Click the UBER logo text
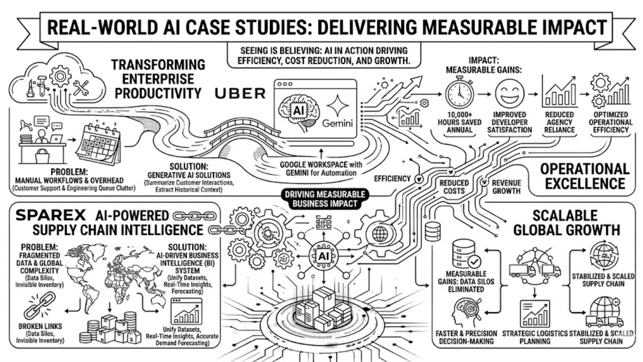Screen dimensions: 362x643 [x=240, y=94]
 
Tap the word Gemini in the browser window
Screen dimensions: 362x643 [x=337, y=123]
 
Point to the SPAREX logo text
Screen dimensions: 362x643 [x=51, y=215]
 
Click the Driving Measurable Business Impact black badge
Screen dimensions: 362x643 [x=325, y=199]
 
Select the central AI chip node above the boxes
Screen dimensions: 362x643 [x=324, y=256]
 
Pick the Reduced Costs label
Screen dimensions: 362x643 [x=454, y=187]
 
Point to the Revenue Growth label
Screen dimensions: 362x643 [x=506, y=187]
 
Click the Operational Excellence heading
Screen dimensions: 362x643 [x=585, y=176]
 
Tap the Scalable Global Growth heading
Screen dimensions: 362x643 [x=566, y=223]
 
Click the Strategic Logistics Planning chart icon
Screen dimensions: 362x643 [x=535, y=314]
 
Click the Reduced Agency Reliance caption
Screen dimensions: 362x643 [x=559, y=122]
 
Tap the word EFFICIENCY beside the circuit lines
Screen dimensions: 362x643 [x=392, y=179]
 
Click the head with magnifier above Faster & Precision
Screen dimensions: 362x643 [x=467, y=313]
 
